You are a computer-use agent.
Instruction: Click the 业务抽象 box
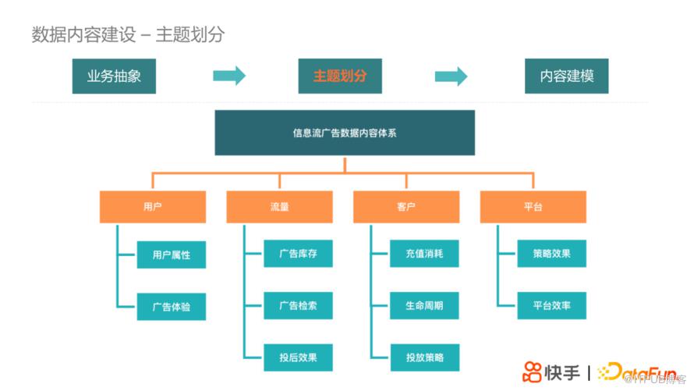(x=114, y=76)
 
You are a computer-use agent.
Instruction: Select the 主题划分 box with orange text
(x=340, y=76)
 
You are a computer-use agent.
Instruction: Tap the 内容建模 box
(x=567, y=76)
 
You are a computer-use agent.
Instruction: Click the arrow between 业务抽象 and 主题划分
(x=229, y=76)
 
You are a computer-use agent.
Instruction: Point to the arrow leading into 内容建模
(x=451, y=76)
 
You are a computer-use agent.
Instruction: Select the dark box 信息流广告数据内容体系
(x=345, y=133)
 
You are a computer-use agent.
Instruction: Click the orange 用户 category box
(x=153, y=208)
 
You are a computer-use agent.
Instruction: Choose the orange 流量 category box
(x=280, y=208)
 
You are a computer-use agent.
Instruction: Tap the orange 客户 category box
(x=406, y=208)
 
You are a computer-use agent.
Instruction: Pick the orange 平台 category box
(x=533, y=208)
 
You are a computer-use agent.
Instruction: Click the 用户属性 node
(x=172, y=254)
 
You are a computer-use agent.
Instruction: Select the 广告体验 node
(x=172, y=307)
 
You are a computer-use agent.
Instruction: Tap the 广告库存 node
(x=298, y=254)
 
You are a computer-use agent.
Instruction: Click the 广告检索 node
(x=298, y=306)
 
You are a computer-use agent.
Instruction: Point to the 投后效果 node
(x=298, y=357)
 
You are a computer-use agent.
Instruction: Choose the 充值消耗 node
(x=425, y=254)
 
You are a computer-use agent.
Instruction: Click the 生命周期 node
(x=425, y=306)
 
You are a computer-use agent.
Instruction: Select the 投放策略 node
(x=425, y=357)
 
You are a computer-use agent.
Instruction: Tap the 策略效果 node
(x=552, y=254)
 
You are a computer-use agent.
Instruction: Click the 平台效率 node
(x=552, y=306)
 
